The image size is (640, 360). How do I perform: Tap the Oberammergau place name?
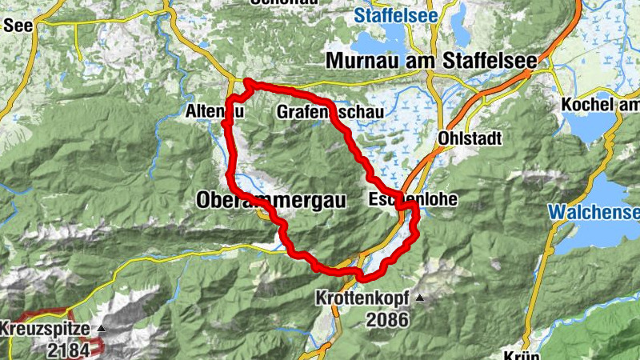[271, 201]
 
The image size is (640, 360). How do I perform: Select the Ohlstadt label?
[470, 138]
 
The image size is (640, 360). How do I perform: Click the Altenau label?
[214, 112]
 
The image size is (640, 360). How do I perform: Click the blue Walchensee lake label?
[594, 212]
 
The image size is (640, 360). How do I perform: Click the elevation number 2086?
[389, 320]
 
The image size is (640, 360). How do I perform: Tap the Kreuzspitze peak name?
[46, 329]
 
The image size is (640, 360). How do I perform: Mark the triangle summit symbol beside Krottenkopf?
[418, 298]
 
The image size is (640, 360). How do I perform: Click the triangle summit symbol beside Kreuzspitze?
[101, 329]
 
